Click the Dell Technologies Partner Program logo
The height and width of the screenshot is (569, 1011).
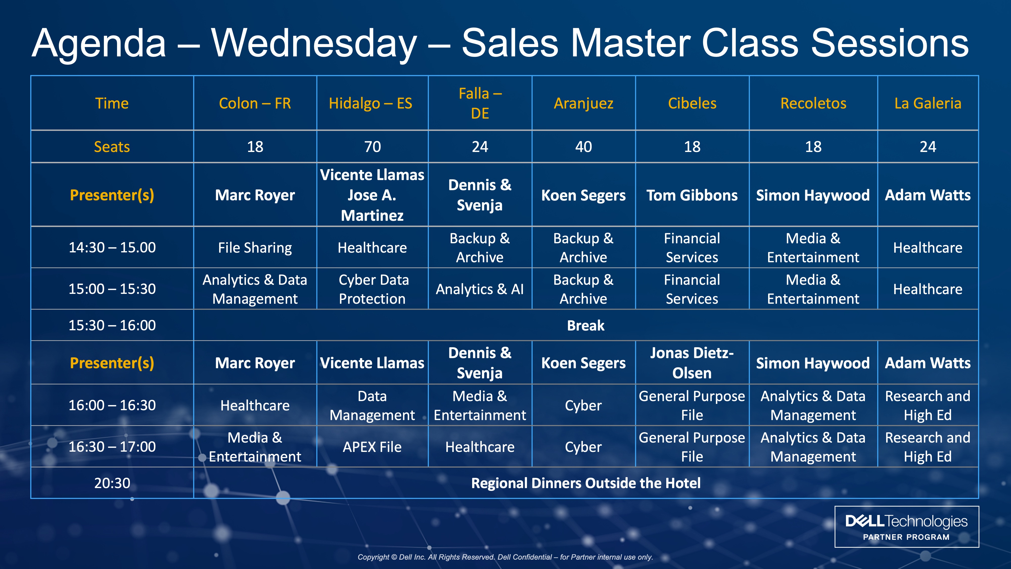907,527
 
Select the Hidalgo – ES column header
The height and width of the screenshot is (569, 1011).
371,103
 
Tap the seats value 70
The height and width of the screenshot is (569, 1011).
373,147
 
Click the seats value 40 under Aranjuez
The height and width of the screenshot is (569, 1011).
584,147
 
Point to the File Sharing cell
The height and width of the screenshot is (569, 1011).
255,248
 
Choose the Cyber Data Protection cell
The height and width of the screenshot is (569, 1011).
373,289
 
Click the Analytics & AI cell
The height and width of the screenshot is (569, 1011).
480,289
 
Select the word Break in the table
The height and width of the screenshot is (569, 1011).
586,325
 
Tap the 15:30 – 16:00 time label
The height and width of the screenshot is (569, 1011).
112,325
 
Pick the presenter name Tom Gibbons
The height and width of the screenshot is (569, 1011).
692,195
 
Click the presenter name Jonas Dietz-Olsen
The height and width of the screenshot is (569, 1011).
692,363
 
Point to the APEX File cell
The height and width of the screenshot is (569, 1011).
372,447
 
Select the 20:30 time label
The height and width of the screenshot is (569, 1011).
112,483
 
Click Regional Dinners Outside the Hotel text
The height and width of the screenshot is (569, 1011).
586,483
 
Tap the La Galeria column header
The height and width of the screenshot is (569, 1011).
928,103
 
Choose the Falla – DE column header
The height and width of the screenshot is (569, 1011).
480,103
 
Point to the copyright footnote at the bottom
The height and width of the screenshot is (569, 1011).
505,557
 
